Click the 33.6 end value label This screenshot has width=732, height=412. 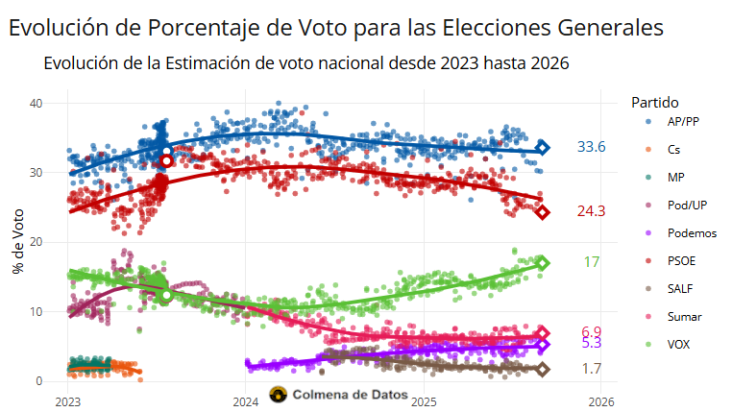[x=591, y=147]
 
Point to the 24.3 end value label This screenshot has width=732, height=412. [x=591, y=211]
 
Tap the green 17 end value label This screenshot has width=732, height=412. [x=592, y=262]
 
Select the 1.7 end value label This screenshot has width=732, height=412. [x=592, y=369]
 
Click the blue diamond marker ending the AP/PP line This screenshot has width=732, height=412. [x=543, y=147]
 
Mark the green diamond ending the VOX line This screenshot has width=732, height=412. [x=542, y=263]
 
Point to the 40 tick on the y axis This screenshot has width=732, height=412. [x=37, y=103]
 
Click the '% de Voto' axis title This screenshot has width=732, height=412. [x=17, y=241]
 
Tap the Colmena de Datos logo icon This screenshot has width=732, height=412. [x=279, y=395]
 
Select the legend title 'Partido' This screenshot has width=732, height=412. [x=655, y=102]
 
